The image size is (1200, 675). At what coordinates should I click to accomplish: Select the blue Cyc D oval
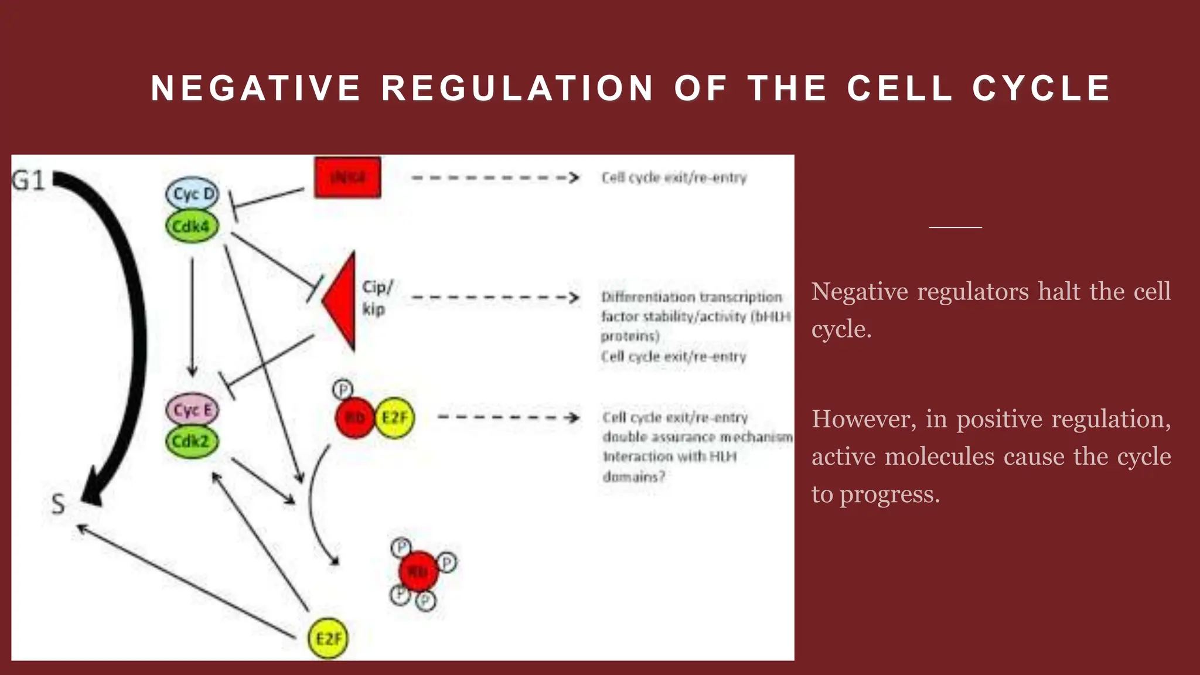click(192, 194)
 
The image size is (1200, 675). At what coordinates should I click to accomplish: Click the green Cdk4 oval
click(192, 226)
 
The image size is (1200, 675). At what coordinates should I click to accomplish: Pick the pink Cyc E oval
click(192, 410)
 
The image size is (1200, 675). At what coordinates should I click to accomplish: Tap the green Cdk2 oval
click(192, 441)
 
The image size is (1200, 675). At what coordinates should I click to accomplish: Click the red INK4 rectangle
click(347, 177)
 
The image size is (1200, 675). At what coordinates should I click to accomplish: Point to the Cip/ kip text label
click(376, 298)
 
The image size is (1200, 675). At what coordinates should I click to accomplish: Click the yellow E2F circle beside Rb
click(394, 418)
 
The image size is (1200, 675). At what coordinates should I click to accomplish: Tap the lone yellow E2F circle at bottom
click(328, 638)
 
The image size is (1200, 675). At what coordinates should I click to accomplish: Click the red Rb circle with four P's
click(418, 571)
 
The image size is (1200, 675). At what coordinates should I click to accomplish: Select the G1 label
click(28, 180)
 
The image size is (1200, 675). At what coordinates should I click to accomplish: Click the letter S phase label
click(58, 504)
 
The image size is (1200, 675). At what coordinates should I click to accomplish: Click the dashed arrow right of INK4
click(495, 178)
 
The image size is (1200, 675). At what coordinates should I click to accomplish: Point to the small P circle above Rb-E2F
click(343, 389)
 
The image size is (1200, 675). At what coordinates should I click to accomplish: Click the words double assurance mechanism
click(697, 437)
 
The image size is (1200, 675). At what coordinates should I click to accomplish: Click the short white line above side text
click(955, 227)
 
